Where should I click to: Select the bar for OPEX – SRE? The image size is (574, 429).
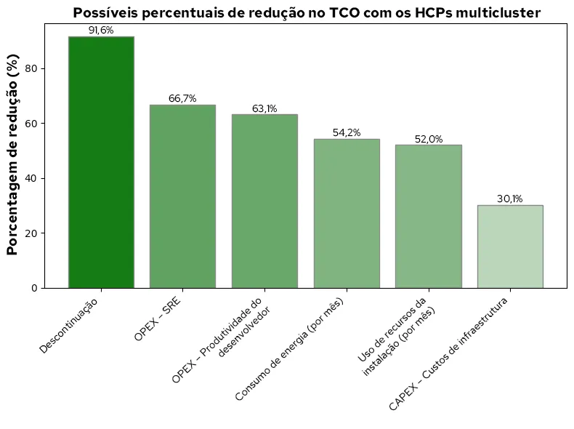point(182,196)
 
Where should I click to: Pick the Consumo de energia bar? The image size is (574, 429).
point(347,214)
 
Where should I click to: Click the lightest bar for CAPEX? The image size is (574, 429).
point(510,246)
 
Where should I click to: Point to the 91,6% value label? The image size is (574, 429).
point(101,31)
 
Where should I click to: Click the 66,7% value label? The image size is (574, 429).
point(182,99)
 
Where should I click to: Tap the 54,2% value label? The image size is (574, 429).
point(347,133)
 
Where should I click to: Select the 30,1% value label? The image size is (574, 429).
point(510,199)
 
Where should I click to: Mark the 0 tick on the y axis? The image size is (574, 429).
point(34,288)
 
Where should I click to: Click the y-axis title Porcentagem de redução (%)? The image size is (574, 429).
point(12,156)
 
